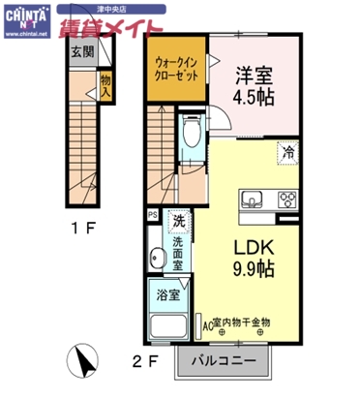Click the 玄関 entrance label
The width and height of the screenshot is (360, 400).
tap(81, 53)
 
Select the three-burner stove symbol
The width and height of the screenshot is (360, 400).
tap(288, 200)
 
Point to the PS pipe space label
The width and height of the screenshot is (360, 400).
tap(151, 215)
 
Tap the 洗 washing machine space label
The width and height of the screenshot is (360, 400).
tap(178, 222)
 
